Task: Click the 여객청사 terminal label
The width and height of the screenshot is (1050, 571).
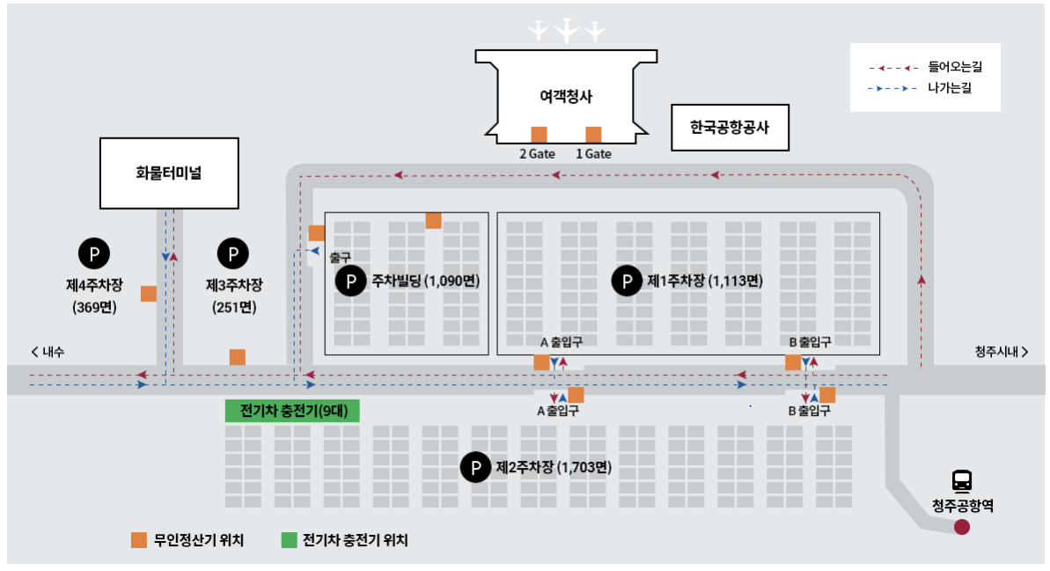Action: (x=566, y=97)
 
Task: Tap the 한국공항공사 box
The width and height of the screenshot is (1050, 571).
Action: (x=730, y=128)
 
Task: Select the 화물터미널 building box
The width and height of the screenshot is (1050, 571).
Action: (x=169, y=173)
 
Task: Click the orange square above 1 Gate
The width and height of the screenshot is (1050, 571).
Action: (x=593, y=135)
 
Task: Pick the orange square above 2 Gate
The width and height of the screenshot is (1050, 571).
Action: (x=539, y=135)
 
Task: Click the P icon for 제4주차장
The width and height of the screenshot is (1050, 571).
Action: (x=94, y=254)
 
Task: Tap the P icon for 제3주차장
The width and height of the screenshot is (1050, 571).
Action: (x=233, y=254)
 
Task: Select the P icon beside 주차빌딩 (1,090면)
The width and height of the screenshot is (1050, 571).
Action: (x=351, y=281)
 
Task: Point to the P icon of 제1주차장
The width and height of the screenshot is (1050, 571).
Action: (x=628, y=281)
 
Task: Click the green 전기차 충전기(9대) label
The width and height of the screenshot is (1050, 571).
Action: (x=293, y=412)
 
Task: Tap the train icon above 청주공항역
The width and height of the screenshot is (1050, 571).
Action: (x=962, y=481)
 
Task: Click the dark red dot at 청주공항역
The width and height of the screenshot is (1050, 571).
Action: (x=962, y=527)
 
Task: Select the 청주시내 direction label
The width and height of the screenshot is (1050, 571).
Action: (x=1001, y=352)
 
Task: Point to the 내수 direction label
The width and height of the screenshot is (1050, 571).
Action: (x=48, y=352)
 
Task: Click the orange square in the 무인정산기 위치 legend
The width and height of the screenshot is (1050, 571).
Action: (x=139, y=540)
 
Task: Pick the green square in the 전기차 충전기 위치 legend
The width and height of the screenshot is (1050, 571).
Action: (x=289, y=540)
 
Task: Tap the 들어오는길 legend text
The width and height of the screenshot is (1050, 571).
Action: (x=954, y=67)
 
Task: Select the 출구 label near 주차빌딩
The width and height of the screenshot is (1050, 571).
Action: (x=340, y=257)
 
